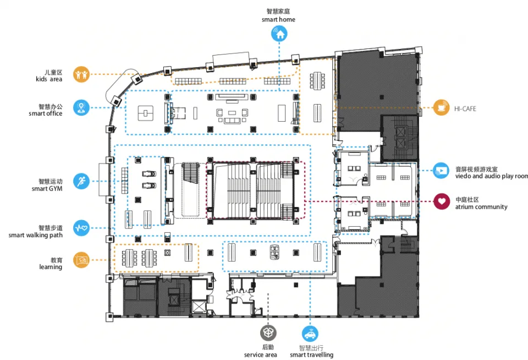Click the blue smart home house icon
pyautogui.click(x=279, y=34)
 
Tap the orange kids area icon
pyautogui.click(x=81, y=74)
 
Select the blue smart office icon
pyautogui.click(x=81, y=107)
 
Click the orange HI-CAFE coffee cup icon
pyautogui.click(x=441, y=108)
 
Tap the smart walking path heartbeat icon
pyautogui.click(x=81, y=227)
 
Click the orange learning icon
pyautogui.click(x=81, y=259)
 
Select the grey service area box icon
pyautogui.click(x=268, y=332)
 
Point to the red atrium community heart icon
pyautogui.click(x=441, y=201)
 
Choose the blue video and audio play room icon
pyautogui.click(x=441, y=170)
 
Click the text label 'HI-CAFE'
pyautogui.click(x=465, y=109)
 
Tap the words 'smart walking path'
pyautogui.click(x=35, y=235)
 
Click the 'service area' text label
pyautogui.click(x=261, y=355)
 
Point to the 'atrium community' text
pyautogui.click(x=481, y=207)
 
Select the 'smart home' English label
pyautogui.click(x=278, y=19)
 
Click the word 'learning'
pyautogui.click(x=51, y=267)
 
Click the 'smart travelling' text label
pyautogui.click(x=312, y=355)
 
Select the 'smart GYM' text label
pyautogui.click(x=47, y=189)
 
